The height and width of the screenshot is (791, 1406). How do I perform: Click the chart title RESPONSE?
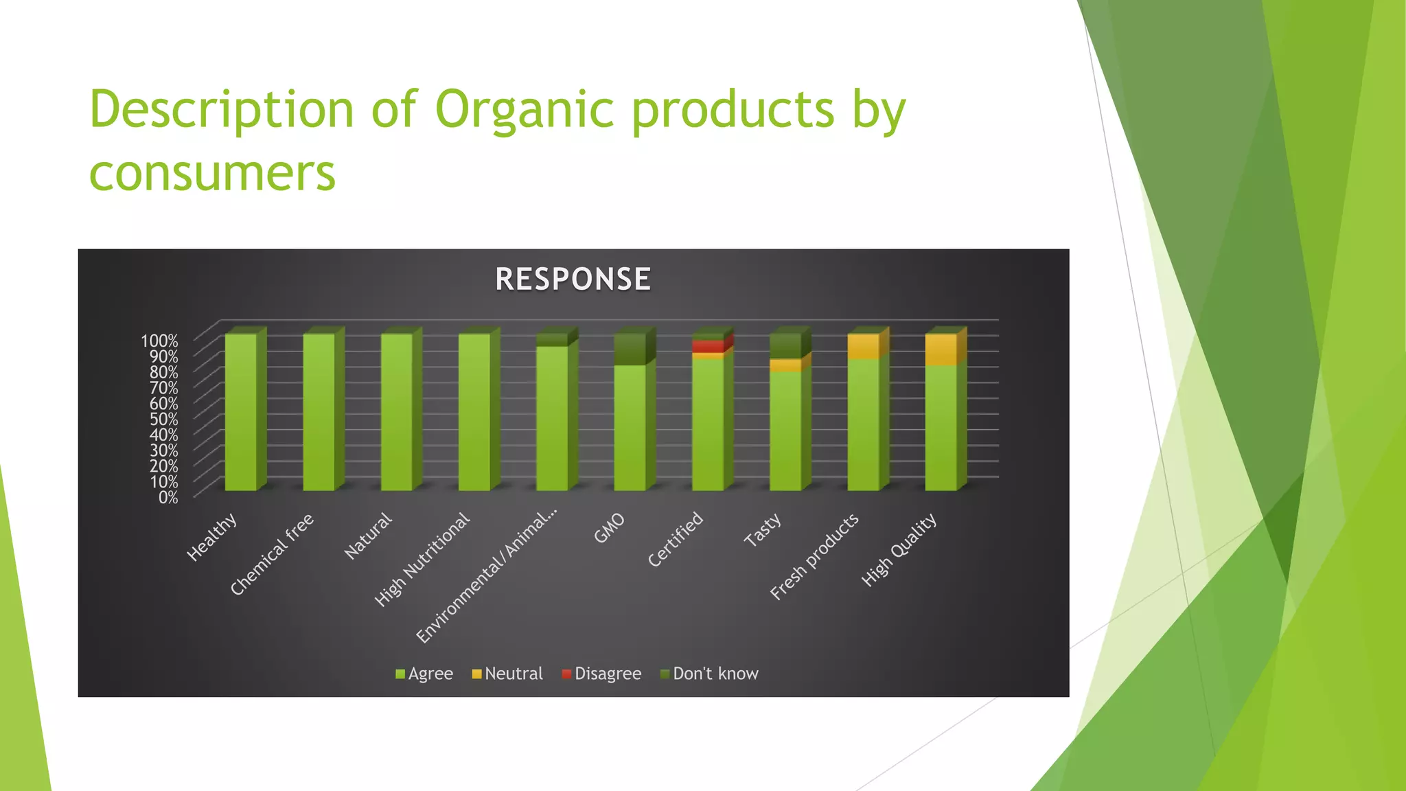coord(573,279)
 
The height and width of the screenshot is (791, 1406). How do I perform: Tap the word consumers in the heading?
coord(212,172)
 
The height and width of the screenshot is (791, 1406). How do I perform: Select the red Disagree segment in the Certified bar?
coord(708,347)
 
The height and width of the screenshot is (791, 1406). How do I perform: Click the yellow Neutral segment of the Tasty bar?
coord(785,365)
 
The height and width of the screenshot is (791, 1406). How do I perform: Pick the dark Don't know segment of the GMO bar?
coord(630,349)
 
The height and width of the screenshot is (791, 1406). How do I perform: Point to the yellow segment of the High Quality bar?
coord(941,349)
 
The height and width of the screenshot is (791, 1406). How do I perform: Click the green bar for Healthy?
coord(241,412)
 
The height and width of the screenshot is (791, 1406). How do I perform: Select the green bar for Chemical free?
coord(319,412)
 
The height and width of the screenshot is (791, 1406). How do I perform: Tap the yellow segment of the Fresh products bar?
coord(864,347)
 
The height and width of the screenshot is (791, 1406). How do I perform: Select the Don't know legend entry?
coord(709,674)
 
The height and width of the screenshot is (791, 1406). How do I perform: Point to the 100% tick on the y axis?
coord(159,341)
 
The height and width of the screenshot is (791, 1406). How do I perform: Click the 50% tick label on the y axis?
coord(163,419)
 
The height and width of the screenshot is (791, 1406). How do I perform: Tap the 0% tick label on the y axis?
coord(168,497)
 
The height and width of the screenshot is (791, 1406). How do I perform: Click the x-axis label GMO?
coord(610,528)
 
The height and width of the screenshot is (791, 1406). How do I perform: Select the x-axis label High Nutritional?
coord(422,560)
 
